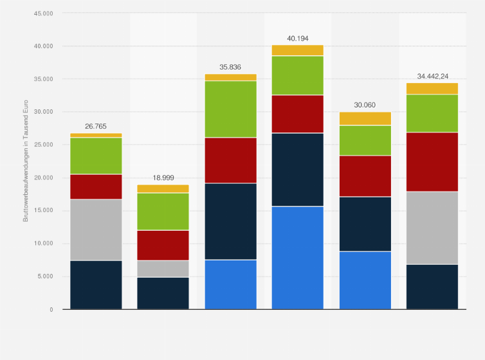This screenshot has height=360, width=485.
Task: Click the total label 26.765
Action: tap(96, 127)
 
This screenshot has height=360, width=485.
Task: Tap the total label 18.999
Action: tap(163, 177)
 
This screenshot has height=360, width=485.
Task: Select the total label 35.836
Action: tap(230, 67)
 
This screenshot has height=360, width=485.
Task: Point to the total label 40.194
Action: tap(297, 38)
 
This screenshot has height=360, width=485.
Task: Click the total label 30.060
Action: tap(365, 105)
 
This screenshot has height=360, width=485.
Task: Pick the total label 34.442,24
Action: tap(432, 76)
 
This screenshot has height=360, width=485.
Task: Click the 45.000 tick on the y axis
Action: tap(44, 13)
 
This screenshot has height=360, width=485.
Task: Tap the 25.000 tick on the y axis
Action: tap(44, 145)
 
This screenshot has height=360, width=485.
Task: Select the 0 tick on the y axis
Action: tap(51, 310)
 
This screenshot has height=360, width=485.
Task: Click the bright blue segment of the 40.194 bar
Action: tap(297, 258)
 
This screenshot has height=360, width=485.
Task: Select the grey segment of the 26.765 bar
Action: tap(96, 230)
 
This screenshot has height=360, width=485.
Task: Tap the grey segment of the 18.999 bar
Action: tap(163, 269)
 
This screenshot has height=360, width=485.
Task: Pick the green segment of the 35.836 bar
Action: tap(230, 109)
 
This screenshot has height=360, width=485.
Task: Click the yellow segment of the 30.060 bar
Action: tap(365, 118)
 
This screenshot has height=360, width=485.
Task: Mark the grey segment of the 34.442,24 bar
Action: tap(432, 228)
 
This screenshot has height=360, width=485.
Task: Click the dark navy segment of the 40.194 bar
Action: tap(297, 170)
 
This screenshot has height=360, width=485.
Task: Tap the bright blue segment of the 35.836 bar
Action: tap(230, 284)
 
